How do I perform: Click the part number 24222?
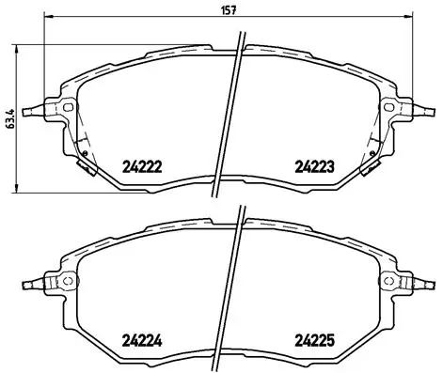click(143, 167)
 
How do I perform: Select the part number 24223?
click(316, 167)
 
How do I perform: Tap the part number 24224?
click(143, 340)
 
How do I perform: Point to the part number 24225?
click(316, 340)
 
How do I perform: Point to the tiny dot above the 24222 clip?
click(85, 154)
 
